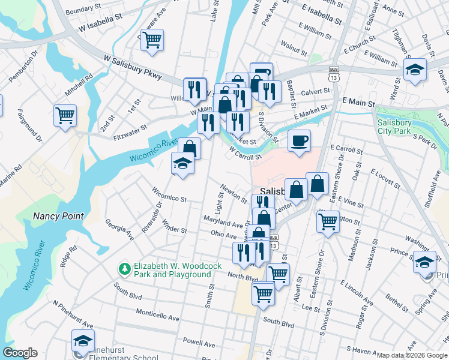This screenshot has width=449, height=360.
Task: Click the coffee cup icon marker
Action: point(299,141)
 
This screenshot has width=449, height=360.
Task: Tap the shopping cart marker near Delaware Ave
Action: point(152,40)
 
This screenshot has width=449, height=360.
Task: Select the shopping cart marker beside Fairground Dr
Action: point(65,115)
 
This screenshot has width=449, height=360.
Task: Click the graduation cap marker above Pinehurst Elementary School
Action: point(83,341)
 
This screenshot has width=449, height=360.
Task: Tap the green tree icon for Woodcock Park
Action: point(125,268)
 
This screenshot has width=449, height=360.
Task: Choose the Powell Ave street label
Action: point(199,344)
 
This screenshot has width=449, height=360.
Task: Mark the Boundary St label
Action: point(84,10)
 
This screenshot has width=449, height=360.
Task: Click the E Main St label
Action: point(358,103)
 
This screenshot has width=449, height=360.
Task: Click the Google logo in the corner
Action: point(20,353)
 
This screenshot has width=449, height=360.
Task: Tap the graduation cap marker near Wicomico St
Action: point(182,163)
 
